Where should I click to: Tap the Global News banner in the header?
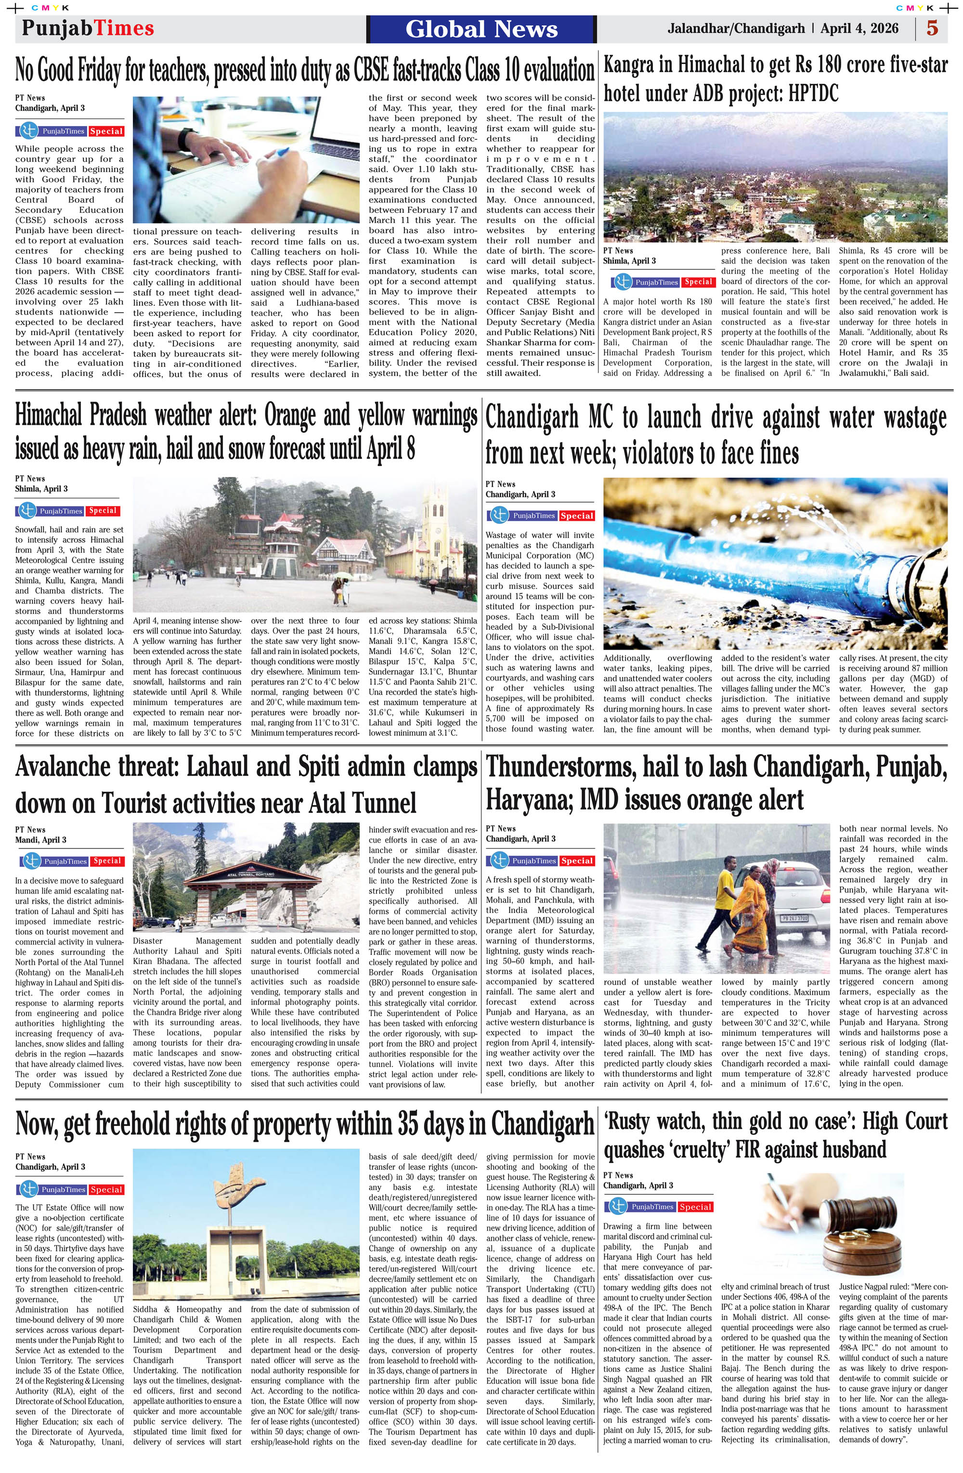(x=481, y=29)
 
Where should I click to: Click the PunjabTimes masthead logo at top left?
(x=87, y=28)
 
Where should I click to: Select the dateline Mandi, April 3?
(x=41, y=840)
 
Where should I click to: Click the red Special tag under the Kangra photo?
(x=698, y=282)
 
